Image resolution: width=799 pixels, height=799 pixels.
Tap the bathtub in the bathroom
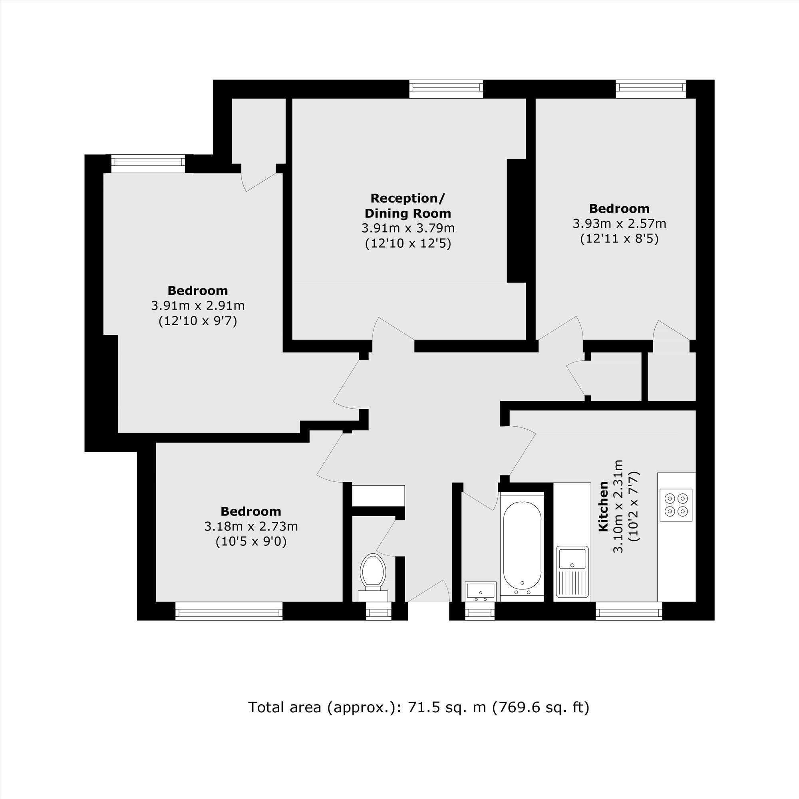click(x=522, y=546)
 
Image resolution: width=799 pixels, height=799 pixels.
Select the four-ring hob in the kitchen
click(x=676, y=505)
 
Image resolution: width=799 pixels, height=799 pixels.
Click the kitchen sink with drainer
click(x=572, y=572)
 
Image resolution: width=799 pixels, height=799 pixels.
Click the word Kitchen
click(x=603, y=506)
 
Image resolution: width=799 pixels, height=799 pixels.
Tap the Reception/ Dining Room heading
click(x=408, y=205)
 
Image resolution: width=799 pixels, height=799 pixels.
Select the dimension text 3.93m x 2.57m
click(x=619, y=224)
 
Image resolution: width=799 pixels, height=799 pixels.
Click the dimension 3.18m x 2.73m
click(x=251, y=527)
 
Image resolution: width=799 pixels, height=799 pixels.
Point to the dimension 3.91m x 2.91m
click(x=198, y=306)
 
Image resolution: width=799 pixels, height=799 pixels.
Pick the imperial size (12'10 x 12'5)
click(x=408, y=243)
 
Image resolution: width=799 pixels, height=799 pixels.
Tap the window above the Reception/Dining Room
click(x=446, y=89)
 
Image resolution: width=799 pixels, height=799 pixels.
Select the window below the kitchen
click(x=628, y=610)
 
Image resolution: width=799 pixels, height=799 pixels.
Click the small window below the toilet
click(x=378, y=611)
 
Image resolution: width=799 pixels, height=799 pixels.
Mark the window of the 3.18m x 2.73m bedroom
click(x=229, y=611)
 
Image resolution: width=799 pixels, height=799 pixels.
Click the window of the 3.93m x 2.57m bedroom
click(x=651, y=89)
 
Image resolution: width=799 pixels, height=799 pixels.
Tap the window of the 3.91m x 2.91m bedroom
click(x=148, y=164)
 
